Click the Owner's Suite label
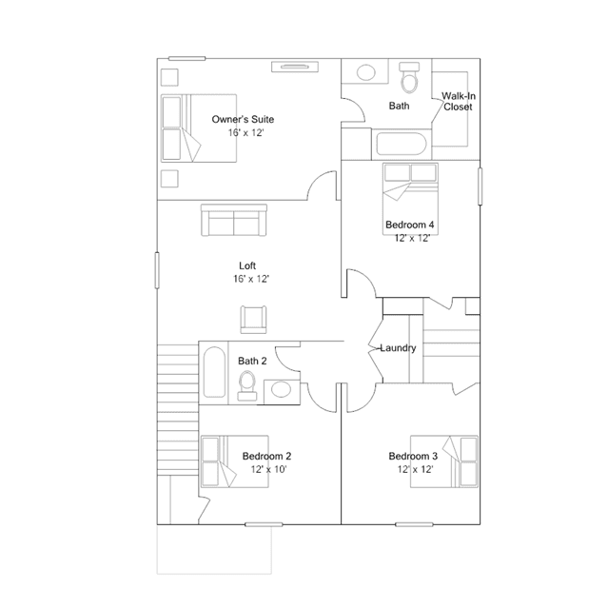[243, 120]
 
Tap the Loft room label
[247, 265]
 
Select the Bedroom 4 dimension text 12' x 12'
[413, 238]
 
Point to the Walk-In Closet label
[459, 101]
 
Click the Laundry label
[398, 348]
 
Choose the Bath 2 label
[252, 361]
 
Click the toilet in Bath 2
[247, 385]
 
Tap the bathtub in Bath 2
[214, 372]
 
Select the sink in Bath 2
[281, 389]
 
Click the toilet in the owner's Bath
[409, 78]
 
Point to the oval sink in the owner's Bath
[365, 72]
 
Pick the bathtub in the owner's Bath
[401, 145]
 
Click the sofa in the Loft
[234, 220]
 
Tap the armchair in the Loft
[253, 320]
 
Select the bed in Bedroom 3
[444, 461]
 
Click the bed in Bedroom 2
[235, 461]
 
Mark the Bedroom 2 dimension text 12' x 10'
[268, 469]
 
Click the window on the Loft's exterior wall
[157, 270]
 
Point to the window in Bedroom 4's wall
[481, 186]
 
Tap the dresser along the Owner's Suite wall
[295, 67]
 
